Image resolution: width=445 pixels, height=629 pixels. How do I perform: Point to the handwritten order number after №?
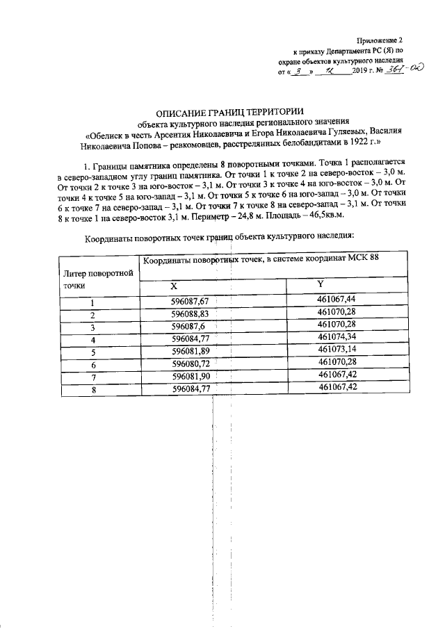pos(407,71)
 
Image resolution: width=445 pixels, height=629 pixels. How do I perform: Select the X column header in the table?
pos(175,286)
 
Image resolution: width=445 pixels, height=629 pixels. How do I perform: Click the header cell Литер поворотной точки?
pos(98,278)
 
